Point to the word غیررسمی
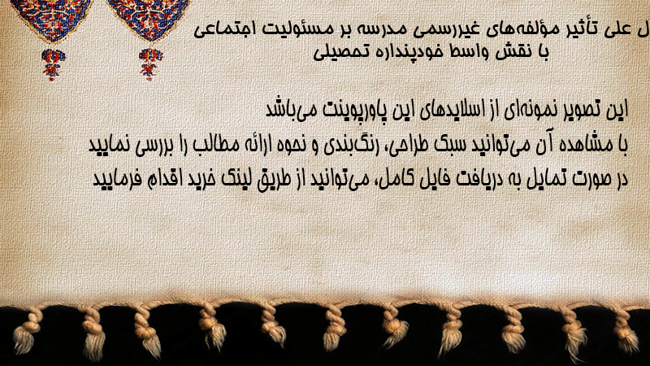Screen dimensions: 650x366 446,30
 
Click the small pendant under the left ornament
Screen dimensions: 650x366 53,64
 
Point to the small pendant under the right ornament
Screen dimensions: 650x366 150,64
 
